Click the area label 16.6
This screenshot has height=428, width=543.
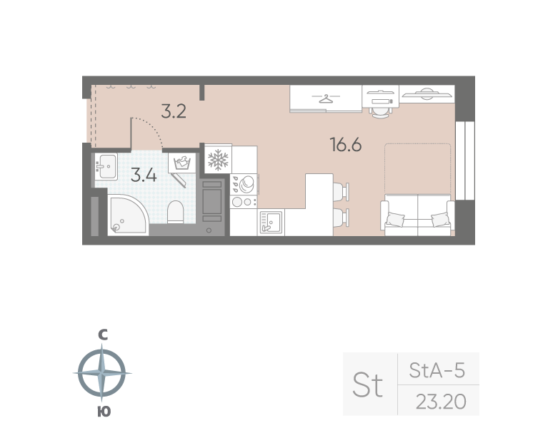coord(346,145)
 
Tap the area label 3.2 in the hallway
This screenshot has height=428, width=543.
coord(174,111)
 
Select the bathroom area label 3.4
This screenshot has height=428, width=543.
coord(144,175)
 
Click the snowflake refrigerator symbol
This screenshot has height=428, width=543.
coord(218,160)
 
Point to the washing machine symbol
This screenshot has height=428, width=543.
coord(182,163)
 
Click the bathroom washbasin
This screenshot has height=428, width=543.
coord(106,167)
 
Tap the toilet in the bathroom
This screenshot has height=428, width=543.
coord(175,212)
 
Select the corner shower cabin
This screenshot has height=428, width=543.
coord(126,215)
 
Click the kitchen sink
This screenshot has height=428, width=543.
coord(271,223)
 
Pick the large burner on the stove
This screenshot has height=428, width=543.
coord(246,183)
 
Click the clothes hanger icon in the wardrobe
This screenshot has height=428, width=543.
coord(326,98)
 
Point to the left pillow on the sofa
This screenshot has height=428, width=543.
coord(395,219)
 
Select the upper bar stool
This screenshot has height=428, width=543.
coord(341,191)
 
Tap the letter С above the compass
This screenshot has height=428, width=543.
coord(103,335)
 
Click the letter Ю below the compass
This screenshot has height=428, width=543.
coord(104,412)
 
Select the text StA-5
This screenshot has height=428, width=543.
coord(437,370)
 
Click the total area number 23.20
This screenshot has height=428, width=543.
coord(441,402)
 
